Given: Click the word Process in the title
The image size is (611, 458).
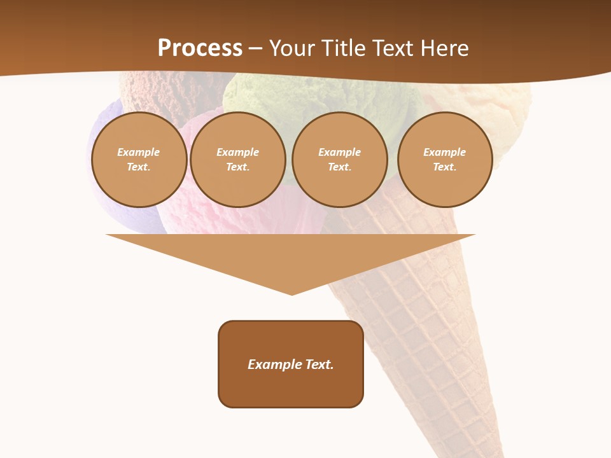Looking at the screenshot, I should click(x=200, y=48).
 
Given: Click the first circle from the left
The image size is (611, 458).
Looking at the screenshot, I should click(x=139, y=160).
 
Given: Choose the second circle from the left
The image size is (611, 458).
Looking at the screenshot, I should click(x=238, y=160).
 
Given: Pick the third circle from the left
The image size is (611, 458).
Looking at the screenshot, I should click(x=340, y=160).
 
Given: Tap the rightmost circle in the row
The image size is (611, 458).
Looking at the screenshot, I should click(x=445, y=160).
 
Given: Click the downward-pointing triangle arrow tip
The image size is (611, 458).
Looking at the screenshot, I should click(x=291, y=289).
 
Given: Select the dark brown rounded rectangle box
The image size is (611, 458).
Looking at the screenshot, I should click(x=291, y=388).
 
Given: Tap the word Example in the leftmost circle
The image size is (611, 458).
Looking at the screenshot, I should click(x=139, y=152).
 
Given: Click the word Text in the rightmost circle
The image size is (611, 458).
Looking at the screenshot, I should click(x=445, y=167).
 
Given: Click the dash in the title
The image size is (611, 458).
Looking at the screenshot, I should click(x=255, y=49).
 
